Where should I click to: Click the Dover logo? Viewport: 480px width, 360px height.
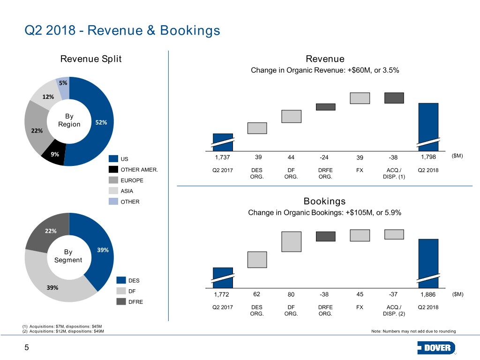[x=436, y=348]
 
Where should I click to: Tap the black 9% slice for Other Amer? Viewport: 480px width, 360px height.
[x=53, y=153]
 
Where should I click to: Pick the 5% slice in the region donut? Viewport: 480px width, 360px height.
[x=63, y=87]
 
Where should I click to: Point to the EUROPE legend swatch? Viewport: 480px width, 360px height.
[x=113, y=180]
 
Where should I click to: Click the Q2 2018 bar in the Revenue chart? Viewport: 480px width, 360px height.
[x=428, y=127]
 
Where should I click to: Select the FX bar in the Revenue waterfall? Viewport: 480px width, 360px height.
[x=360, y=98]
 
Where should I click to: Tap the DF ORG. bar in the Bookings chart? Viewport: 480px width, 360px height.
[x=291, y=241]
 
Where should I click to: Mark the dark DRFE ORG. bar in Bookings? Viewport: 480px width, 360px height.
[x=325, y=236]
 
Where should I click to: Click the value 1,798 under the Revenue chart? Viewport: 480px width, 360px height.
[x=428, y=157]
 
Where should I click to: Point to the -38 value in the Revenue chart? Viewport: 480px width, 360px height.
[x=393, y=157]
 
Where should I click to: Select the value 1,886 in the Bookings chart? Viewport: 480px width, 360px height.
[x=428, y=294]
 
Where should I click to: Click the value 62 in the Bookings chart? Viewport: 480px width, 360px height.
[x=256, y=294]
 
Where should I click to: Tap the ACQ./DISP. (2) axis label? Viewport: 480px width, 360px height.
[x=394, y=310]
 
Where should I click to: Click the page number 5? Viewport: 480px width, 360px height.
[x=27, y=347]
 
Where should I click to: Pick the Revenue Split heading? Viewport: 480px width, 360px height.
[x=91, y=59]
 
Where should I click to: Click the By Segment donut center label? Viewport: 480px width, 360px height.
[x=68, y=256]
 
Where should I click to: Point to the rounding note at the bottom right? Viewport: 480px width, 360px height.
[x=413, y=331]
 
